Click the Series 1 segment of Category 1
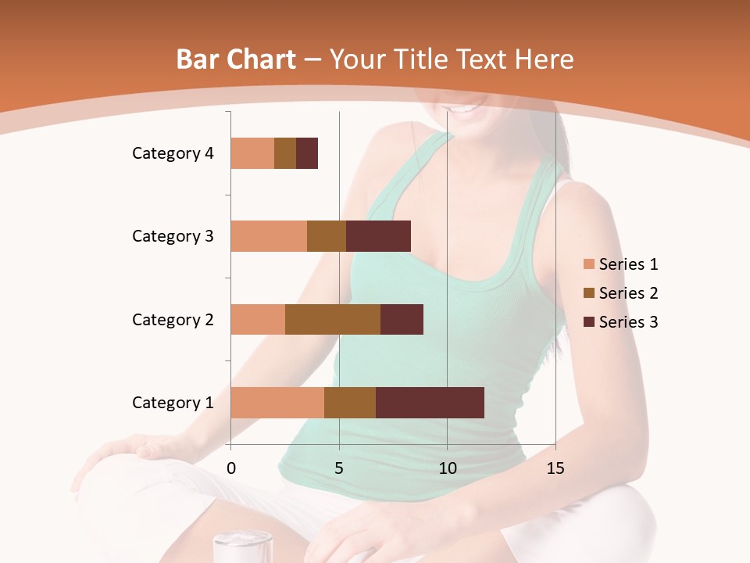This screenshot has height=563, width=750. (277, 403)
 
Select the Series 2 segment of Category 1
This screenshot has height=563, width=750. (350, 403)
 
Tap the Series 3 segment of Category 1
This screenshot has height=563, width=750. (430, 403)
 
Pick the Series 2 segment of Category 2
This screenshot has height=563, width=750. (333, 319)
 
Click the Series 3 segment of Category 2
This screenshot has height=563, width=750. (402, 319)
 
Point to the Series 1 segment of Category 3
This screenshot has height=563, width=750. (269, 236)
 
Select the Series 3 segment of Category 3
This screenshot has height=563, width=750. (378, 236)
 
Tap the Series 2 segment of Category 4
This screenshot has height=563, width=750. (285, 153)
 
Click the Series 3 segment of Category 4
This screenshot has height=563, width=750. (307, 153)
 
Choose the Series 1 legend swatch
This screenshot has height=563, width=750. (588, 264)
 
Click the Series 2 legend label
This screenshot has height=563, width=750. (628, 293)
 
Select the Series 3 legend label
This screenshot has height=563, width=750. (628, 322)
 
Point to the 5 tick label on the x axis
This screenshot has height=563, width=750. (339, 468)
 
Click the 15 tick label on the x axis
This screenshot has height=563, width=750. (555, 468)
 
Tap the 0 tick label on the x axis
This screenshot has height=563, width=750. (231, 468)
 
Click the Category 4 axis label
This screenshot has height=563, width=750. (173, 153)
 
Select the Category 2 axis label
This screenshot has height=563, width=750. (173, 319)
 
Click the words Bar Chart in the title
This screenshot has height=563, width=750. (236, 59)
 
